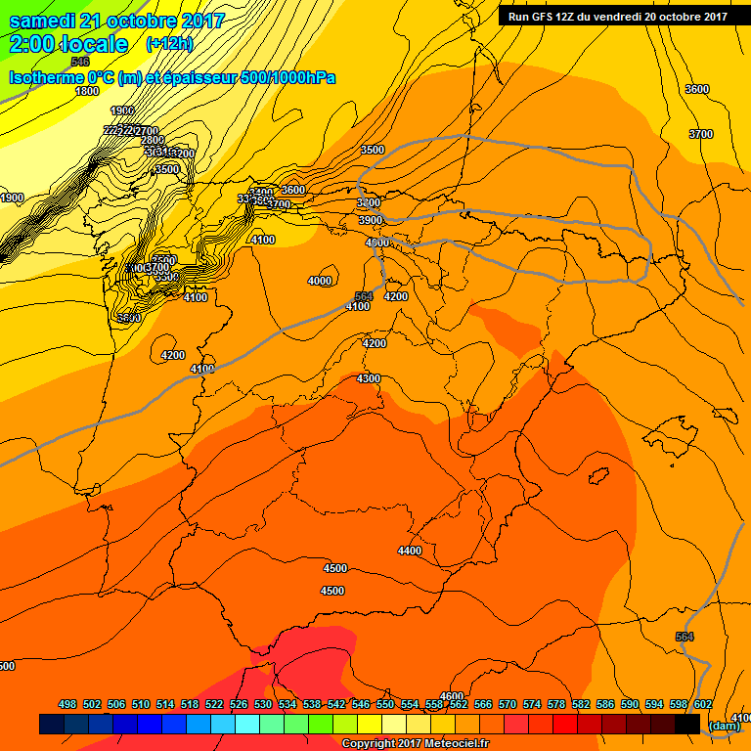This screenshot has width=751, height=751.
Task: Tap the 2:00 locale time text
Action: click(x=68, y=44)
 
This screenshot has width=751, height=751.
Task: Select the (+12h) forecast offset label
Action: click(x=169, y=44)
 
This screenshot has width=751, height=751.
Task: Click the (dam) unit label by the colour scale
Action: click(x=724, y=726)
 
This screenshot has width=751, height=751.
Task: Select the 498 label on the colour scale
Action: click(x=67, y=704)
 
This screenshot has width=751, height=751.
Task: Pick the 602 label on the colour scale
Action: click(x=702, y=704)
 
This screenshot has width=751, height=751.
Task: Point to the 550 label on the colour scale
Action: click(x=385, y=704)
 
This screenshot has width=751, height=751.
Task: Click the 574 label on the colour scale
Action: click(x=532, y=704)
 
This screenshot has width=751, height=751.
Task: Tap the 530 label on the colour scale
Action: click(x=263, y=704)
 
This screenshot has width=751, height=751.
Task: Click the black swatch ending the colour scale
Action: click(x=687, y=724)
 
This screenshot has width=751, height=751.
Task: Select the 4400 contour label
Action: click(x=410, y=551)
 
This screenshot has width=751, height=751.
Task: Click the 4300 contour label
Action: click(x=369, y=378)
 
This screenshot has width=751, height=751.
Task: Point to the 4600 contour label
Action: click(x=451, y=696)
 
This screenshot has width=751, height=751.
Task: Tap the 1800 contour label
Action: click(x=87, y=91)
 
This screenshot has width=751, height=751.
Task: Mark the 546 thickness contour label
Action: click(x=80, y=62)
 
